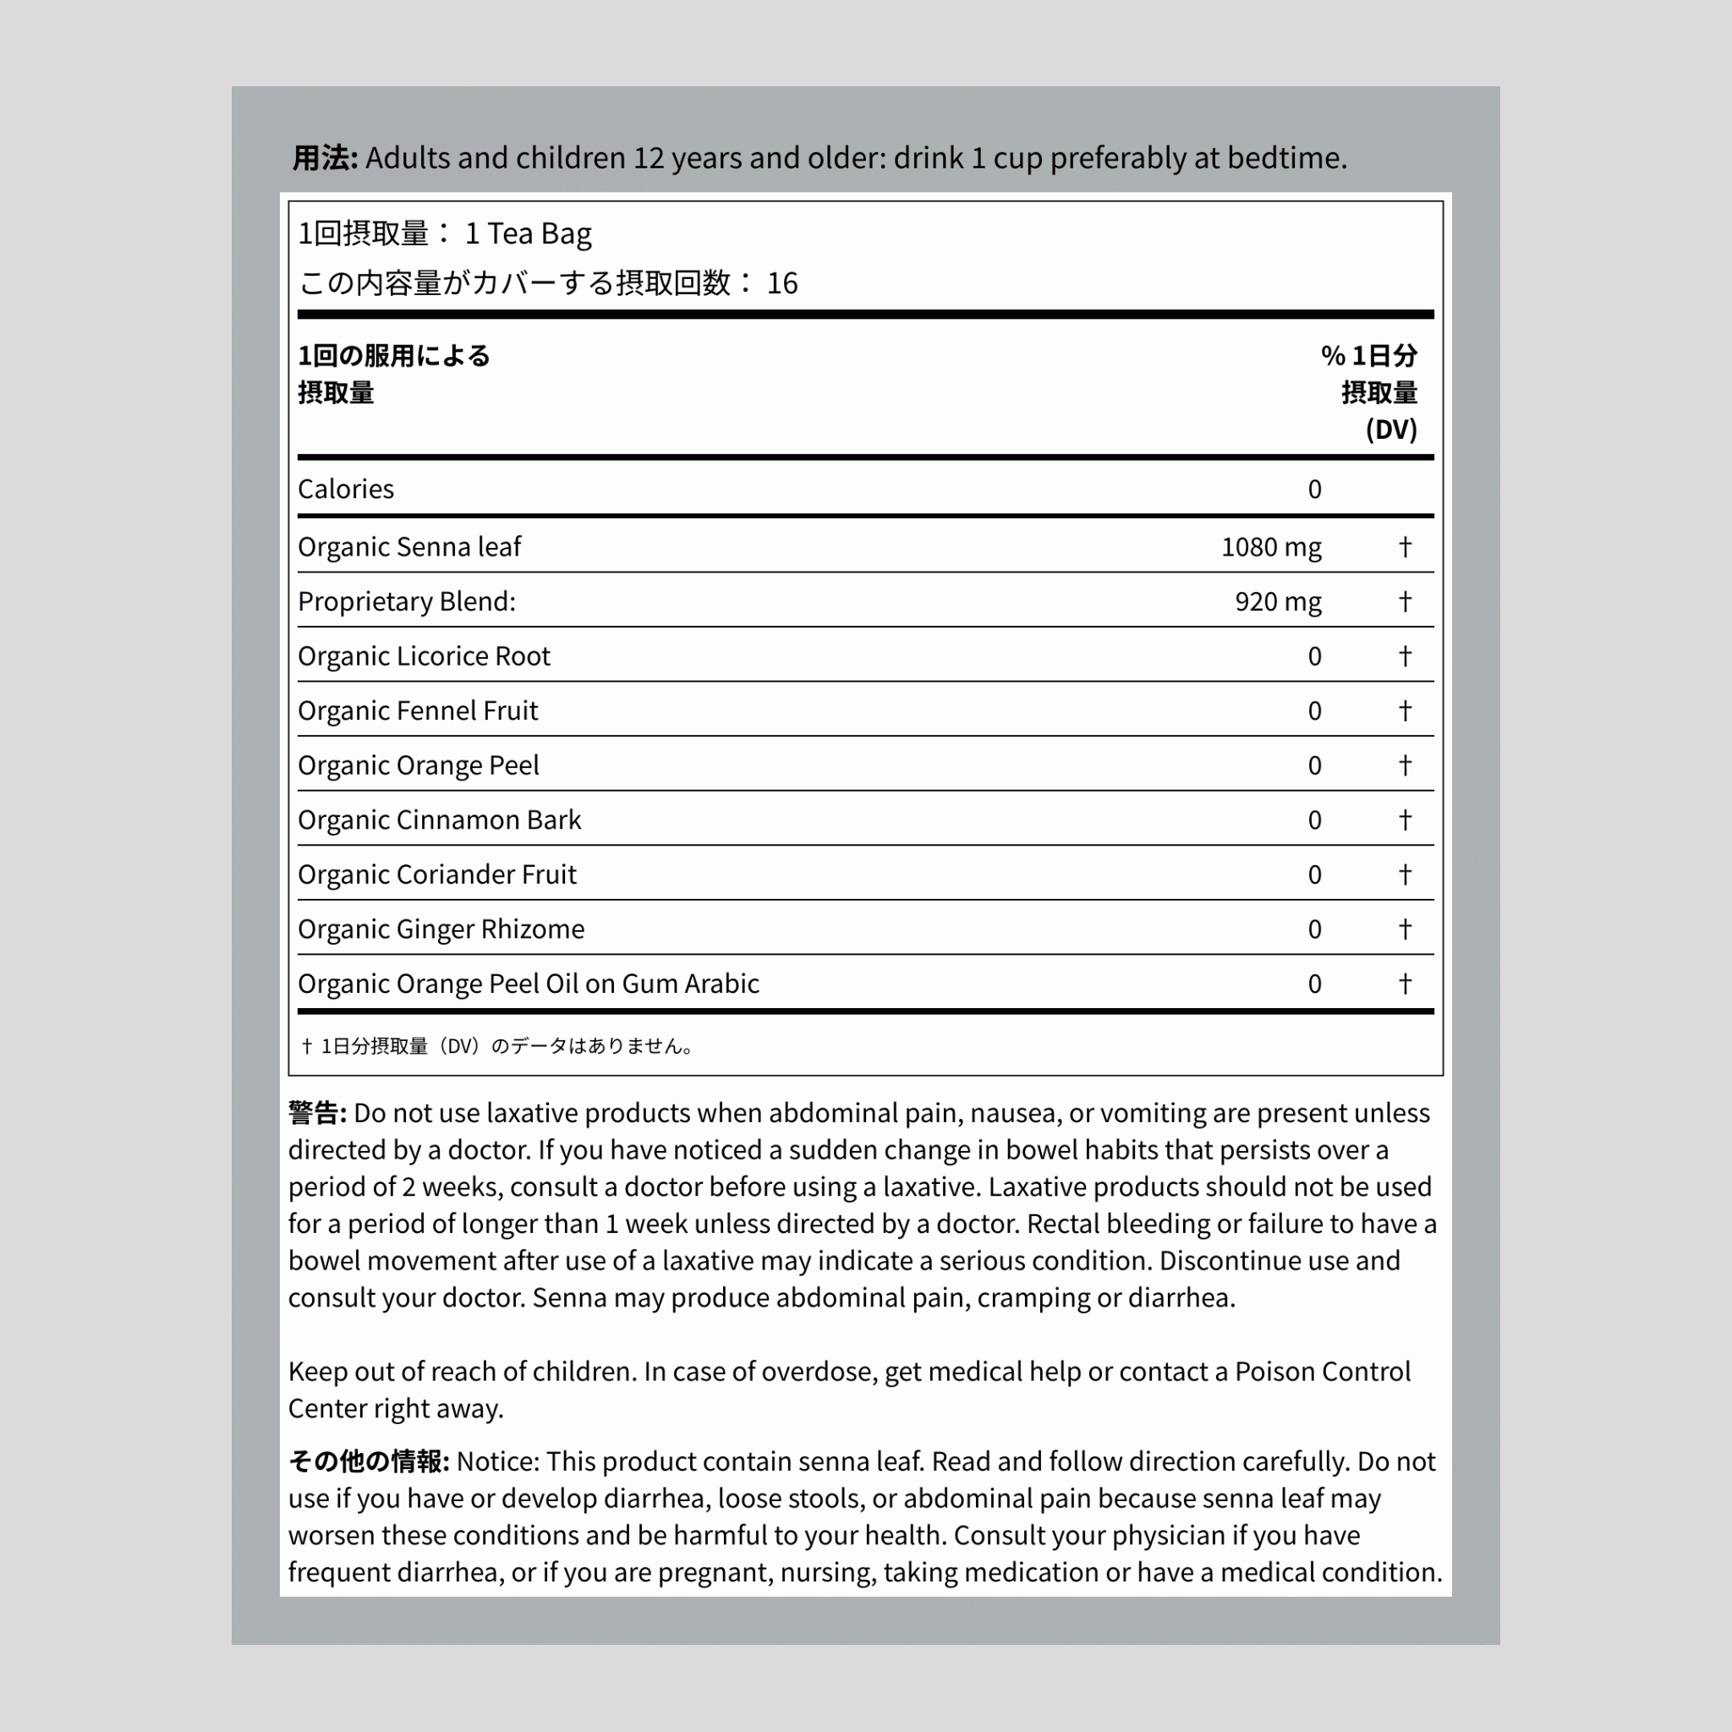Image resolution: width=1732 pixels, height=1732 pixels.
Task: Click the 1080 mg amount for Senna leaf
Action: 1270,547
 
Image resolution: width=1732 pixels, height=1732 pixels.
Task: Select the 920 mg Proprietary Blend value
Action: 1278,601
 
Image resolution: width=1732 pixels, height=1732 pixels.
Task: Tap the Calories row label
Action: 345,489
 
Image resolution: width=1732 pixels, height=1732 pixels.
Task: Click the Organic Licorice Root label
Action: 423,656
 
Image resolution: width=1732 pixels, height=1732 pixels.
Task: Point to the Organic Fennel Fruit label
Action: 417,711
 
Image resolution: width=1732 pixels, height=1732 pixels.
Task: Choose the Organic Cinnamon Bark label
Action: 439,820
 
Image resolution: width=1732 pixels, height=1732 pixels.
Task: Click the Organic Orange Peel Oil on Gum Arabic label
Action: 528,984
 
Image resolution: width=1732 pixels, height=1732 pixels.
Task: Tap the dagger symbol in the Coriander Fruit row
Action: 1405,874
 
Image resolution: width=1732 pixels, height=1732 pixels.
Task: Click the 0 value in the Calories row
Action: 1314,489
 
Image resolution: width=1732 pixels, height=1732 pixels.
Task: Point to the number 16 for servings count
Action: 781,283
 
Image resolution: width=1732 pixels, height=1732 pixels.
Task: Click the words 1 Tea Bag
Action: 528,234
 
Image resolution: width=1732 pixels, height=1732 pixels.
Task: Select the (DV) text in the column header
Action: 1390,430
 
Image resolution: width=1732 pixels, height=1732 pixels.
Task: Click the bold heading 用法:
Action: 325,158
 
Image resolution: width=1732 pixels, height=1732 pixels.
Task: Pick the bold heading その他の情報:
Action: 369,1462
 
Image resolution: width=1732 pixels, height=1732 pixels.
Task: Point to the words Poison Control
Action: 1323,1372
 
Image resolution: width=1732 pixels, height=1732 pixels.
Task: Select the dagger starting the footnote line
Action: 307,1046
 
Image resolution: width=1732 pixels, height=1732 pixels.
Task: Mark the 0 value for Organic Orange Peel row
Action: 1314,765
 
